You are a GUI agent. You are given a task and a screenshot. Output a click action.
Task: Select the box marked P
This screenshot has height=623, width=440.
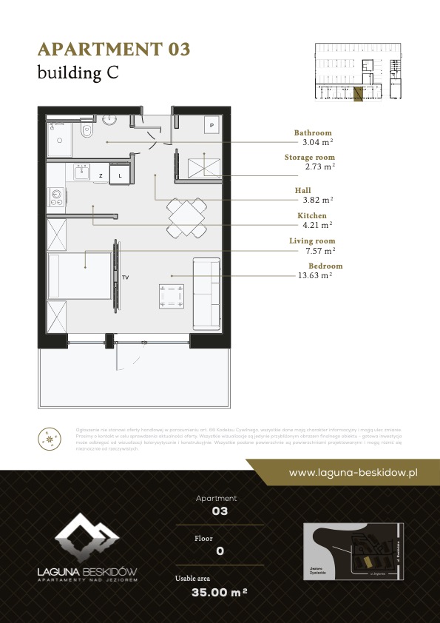pos(211,126)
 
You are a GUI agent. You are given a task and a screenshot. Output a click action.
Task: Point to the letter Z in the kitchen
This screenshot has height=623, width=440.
pos(100,175)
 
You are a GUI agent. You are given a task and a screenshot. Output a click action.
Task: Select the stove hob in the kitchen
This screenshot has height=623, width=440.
pos(55,196)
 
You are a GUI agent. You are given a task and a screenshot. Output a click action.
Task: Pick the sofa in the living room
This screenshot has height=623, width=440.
pos(206,294)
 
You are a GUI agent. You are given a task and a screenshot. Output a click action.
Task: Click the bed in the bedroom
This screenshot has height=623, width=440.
pos(79,275)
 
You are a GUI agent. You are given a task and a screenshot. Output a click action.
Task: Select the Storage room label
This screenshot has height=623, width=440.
pos(309,158)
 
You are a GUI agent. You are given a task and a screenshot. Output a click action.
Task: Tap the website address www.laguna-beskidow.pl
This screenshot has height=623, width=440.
pos(353,471)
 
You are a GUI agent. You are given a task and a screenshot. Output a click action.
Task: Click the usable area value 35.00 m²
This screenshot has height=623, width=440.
pos(218,592)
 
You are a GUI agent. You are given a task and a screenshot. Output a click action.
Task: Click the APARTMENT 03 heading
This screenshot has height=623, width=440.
pos(114,50)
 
